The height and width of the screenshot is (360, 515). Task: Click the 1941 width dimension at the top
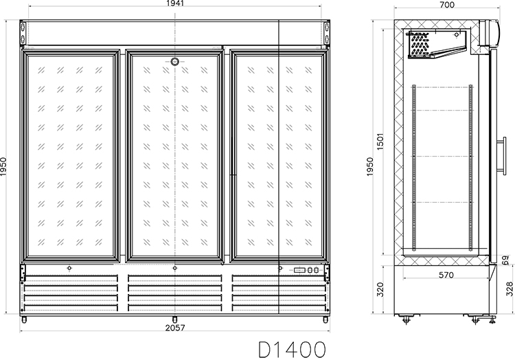[175, 3]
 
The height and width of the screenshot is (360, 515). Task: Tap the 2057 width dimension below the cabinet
[175, 328]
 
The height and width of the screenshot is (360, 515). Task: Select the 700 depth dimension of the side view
[447, 5]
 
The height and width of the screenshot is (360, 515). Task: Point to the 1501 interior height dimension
[380, 142]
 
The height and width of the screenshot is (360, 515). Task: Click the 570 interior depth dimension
[446, 275]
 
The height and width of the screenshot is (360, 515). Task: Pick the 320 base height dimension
[380, 289]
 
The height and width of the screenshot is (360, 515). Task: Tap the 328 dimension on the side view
[510, 289]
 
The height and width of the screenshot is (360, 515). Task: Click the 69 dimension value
[506, 260]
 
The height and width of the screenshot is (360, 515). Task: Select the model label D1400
[293, 349]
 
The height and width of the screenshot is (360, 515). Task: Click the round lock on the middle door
[174, 61]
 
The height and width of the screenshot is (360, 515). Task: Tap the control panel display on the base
[306, 270]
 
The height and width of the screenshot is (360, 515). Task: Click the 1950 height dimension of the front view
[3, 166]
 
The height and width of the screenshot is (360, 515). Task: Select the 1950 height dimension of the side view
[370, 166]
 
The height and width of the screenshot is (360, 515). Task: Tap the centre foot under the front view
[174, 319]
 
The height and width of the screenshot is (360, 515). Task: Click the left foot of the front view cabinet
[24, 319]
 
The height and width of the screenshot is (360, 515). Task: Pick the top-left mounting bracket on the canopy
[23, 32]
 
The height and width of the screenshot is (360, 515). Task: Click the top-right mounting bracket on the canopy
[327, 32]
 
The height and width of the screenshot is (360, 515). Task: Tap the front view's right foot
[325, 319]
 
